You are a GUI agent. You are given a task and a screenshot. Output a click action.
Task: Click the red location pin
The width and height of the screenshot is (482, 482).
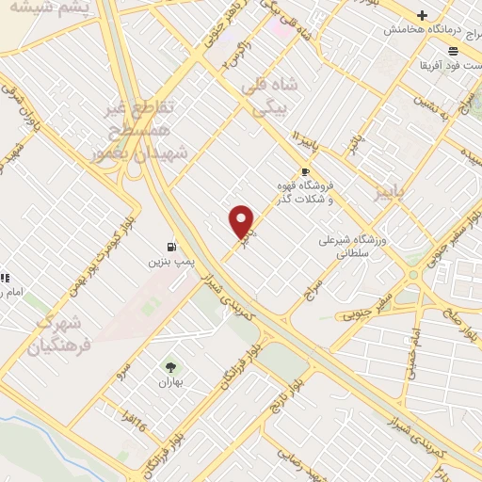[242, 221]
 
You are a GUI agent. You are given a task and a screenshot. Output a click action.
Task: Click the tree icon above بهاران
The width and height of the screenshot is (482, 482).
[170, 367]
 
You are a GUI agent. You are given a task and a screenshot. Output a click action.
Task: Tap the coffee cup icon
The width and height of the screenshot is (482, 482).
[304, 171]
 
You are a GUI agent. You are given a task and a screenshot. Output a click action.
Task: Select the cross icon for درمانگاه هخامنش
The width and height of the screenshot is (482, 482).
[423, 15]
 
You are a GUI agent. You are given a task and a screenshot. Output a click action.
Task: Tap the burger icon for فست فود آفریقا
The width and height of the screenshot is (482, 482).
[454, 50]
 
